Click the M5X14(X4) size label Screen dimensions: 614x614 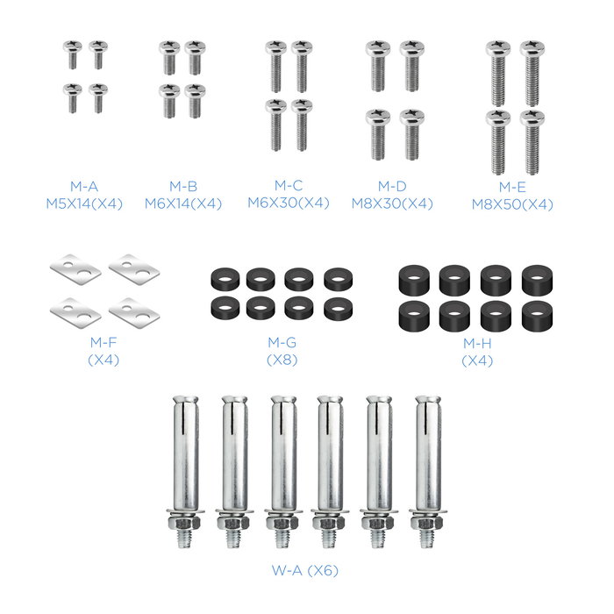84,204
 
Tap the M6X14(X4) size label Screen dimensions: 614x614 183,204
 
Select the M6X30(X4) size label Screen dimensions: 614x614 289,203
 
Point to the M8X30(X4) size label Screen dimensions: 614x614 392,204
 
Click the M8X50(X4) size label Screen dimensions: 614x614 512,204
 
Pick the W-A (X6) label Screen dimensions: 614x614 305,570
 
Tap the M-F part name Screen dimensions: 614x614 104,343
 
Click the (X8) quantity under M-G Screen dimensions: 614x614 282,360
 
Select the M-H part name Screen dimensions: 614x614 477,344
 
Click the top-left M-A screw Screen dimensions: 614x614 73,54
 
